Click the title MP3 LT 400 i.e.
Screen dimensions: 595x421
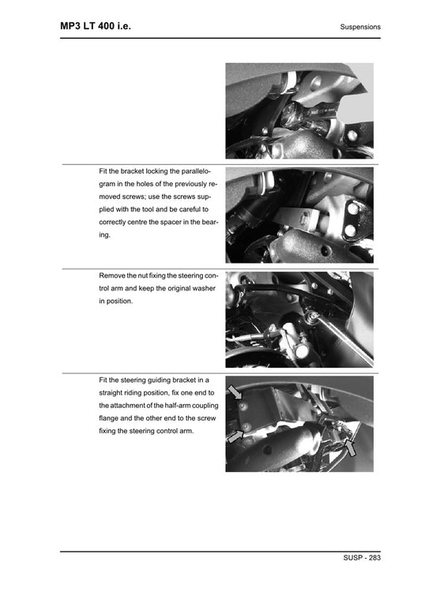[x=96, y=26]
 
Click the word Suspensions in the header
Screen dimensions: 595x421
[x=360, y=27]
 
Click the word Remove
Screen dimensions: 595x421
[x=113, y=276]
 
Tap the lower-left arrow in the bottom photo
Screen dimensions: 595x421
[x=235, y=435]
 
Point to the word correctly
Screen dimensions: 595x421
[x=116, y=223]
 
